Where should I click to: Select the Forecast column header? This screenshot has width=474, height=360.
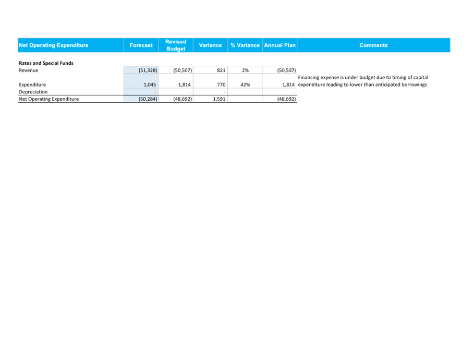click(x=141, y=45)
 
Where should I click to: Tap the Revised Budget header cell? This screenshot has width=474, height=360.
click(x=176, y=45)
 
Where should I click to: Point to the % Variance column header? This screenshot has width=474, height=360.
click(x=245, y=45)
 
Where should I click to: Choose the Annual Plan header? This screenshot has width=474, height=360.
click(x=280, y=45)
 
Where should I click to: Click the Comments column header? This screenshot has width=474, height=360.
click(x=373, y=45)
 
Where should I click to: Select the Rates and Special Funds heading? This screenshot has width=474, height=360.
click(x=46, y=63)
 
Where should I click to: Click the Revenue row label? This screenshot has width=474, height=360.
click(x=29, y=70)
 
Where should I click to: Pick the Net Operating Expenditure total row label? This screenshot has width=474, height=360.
click(x=48, y=99)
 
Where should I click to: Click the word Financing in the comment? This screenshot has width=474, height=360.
click(x=308, y=78)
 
